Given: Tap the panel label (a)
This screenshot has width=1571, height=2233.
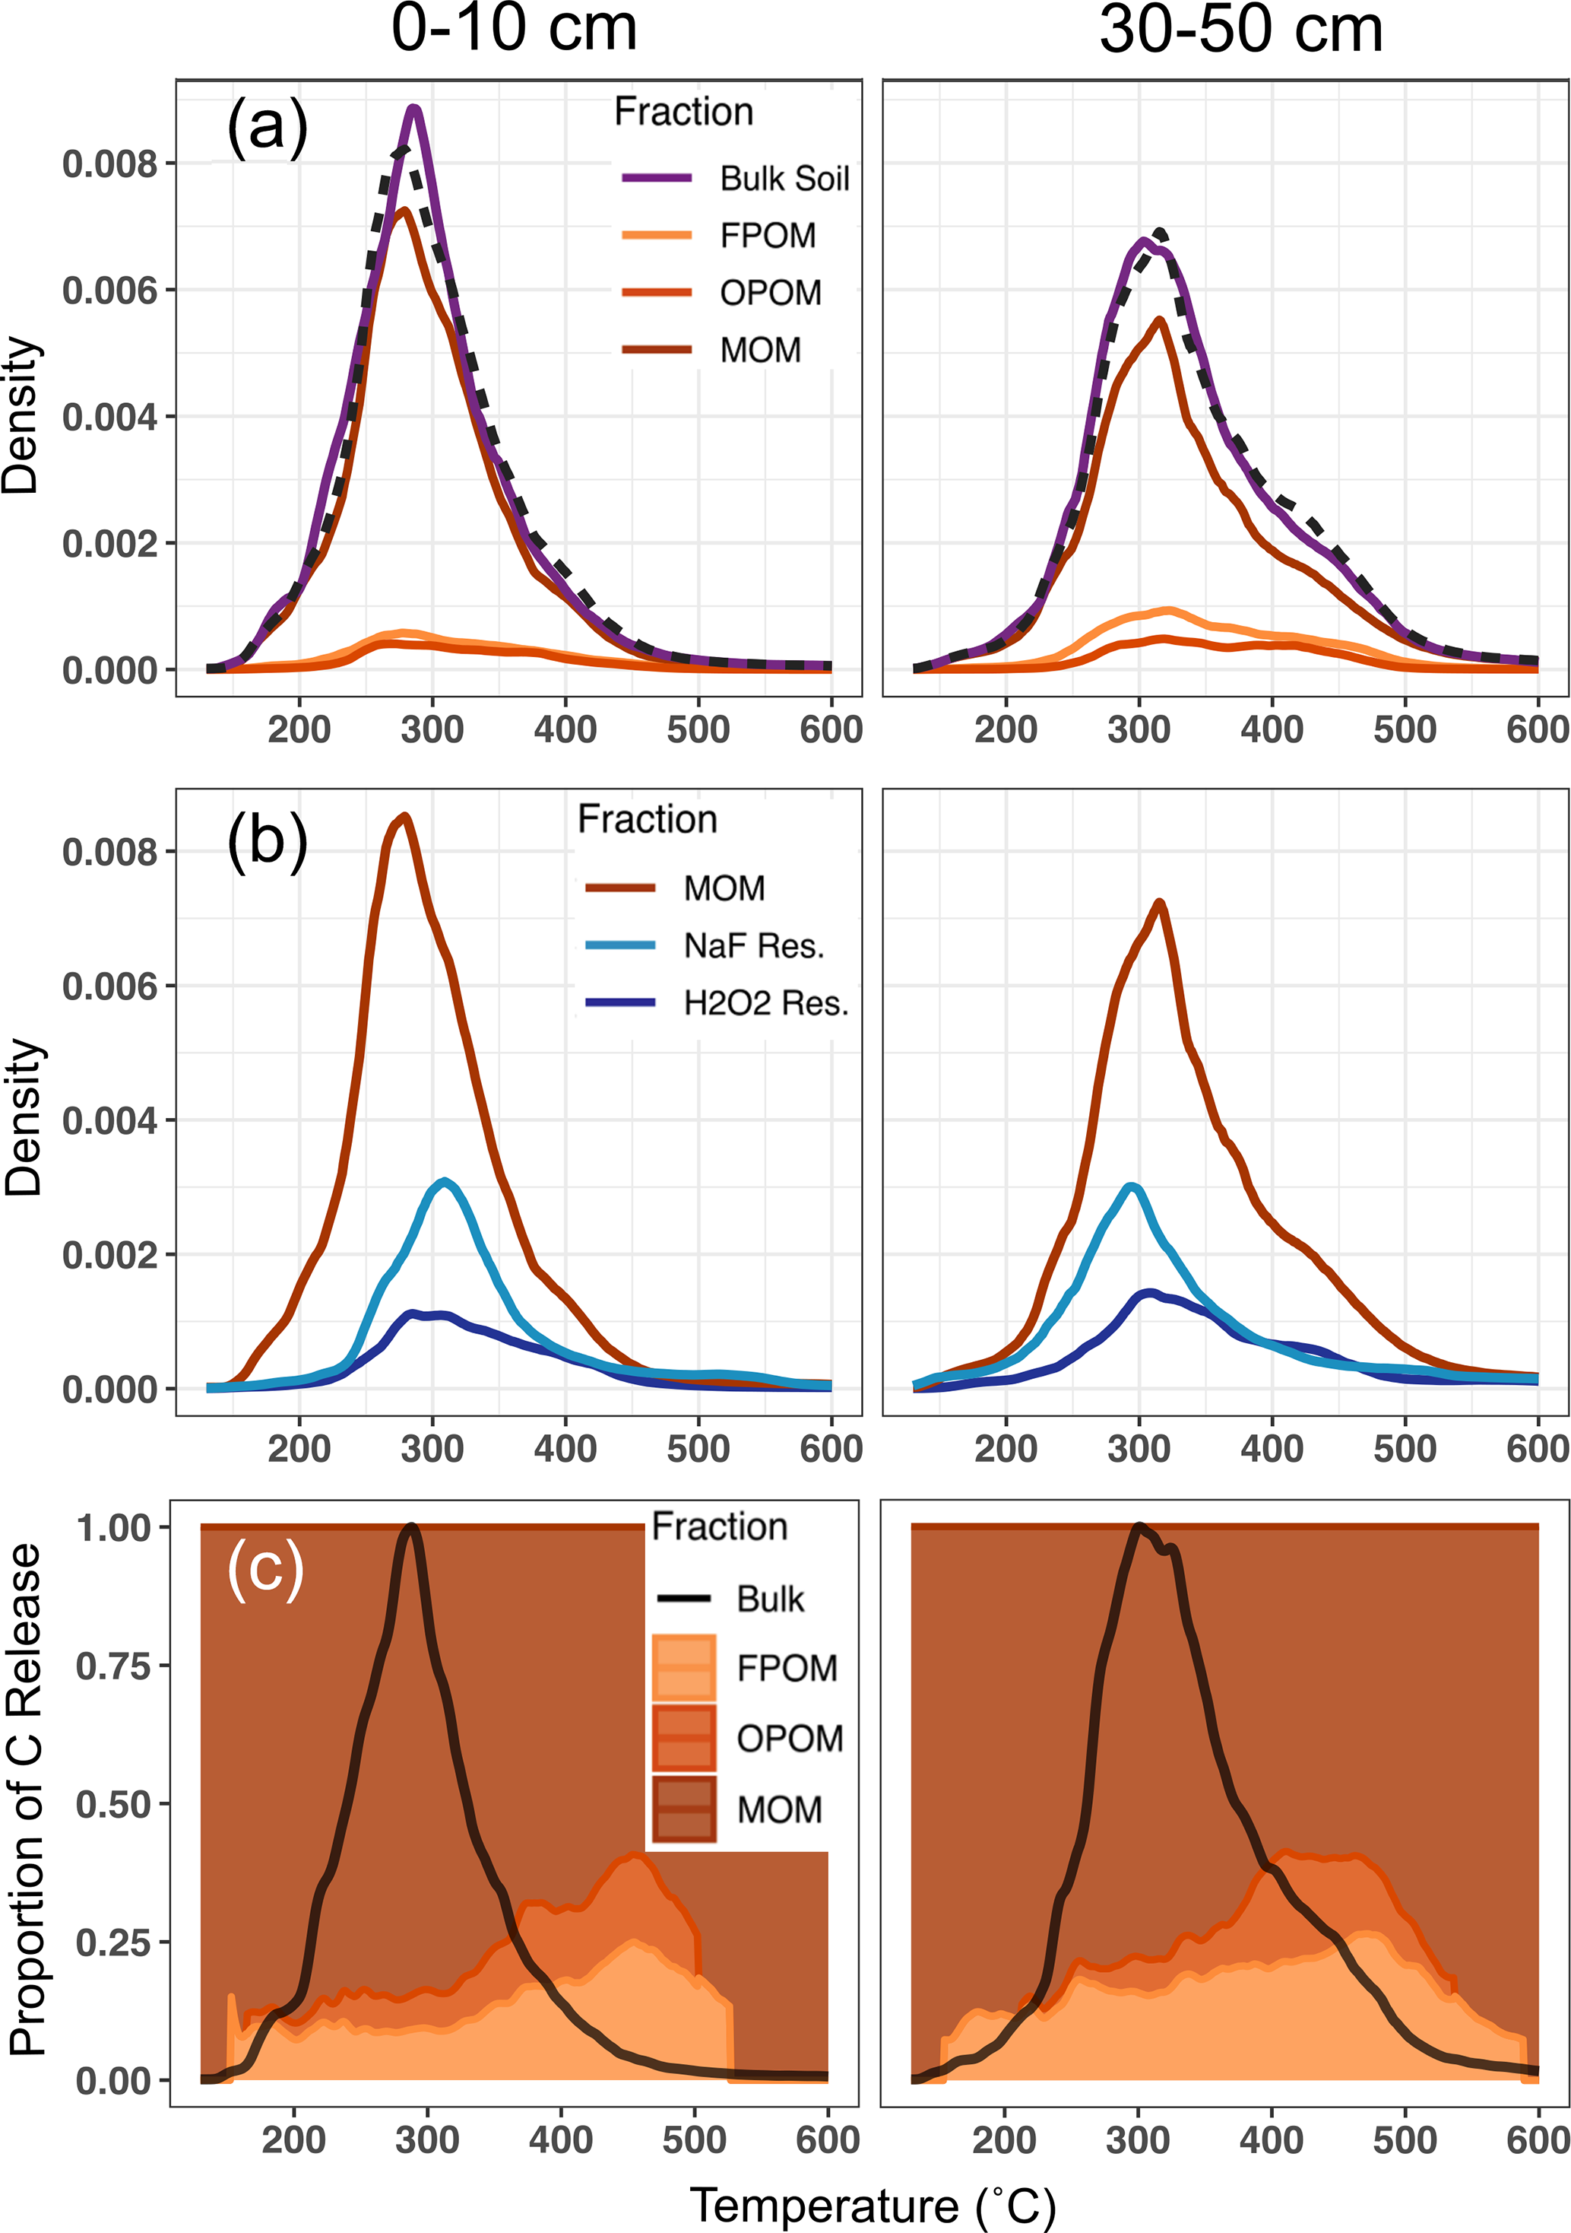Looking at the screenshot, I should pos(268,128).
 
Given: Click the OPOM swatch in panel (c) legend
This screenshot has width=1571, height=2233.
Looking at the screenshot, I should pos(684,1738).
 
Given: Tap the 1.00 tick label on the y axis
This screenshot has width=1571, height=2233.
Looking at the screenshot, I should pos(115,1528).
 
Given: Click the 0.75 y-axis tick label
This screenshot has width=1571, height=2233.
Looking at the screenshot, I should pos(115,1666).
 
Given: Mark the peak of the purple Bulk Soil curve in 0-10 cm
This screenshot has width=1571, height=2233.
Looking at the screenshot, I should pos(415,108).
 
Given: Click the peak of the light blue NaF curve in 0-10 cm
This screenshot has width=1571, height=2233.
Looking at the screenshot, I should pos(445,1182).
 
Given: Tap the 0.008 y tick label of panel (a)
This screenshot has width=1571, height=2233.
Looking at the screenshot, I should pos(109,164).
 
